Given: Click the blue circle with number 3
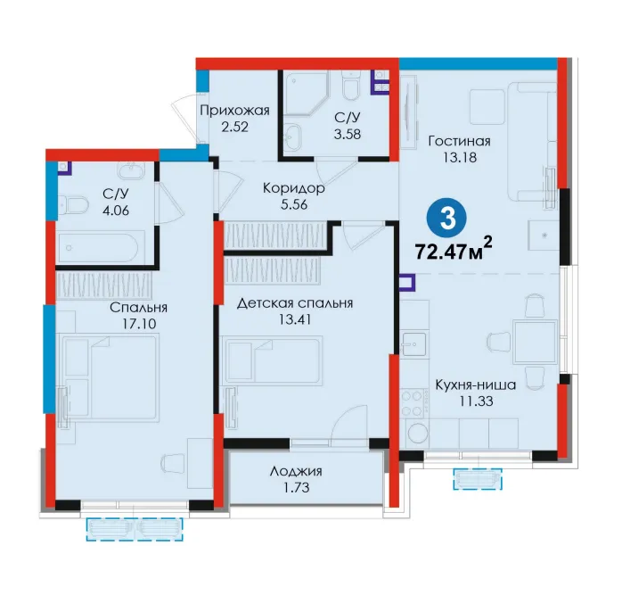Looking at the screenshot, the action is pos(447,218).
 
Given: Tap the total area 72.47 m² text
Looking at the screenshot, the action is pos(454,250).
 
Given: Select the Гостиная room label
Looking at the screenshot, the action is pos(459,141).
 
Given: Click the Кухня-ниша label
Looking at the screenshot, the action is pos(476,385).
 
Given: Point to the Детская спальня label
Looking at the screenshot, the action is pos(295,303).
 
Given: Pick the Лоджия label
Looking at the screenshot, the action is pos(296,472).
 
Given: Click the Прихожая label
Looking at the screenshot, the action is pos(235,111).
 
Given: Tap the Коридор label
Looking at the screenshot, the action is pos(293,188).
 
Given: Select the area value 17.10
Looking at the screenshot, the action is pos(139,324).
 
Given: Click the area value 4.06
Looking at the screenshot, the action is pos(116,211).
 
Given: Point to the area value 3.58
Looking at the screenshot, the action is pos(348,134).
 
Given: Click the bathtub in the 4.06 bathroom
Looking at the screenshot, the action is pos(98,248).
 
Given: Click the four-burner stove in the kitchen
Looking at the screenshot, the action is pos(413,403).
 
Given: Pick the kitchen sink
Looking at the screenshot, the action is pos(413,344).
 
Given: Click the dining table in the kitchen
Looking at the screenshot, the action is pos(535,342).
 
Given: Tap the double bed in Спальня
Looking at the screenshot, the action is pos(109,376).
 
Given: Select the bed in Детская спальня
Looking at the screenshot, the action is pos(273,360).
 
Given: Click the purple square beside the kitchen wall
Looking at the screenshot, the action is pos(407,283).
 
